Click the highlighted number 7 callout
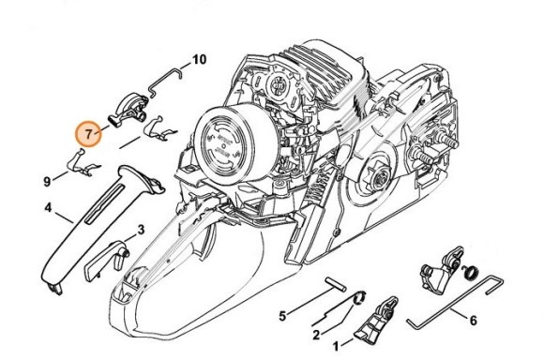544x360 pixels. tap(89, 134)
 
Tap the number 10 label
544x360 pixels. tap(199, 60)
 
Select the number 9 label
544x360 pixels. tap(47, 181)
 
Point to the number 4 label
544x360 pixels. tap(48, 208)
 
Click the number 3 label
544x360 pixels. tap(141, 230)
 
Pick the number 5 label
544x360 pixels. tap(282, 316)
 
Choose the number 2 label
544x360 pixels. tap(316, 336)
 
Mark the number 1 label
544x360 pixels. tap(336, 346)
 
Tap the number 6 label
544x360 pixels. tap(474, 321)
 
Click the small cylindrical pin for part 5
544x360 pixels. tap(335, 284)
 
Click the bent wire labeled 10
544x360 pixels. tap(165, 79)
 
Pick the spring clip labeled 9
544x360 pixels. tap(83, 164)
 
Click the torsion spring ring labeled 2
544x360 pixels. tap(360, 297)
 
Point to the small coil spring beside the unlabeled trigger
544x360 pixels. tap(472, 271)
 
